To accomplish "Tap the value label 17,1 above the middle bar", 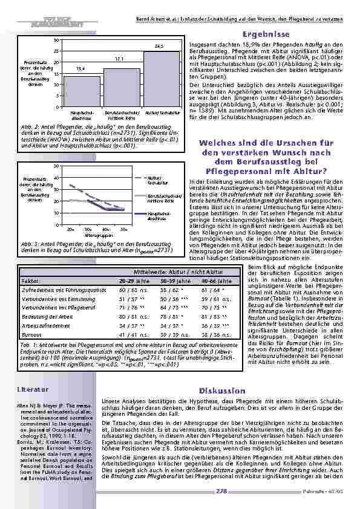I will pos(119,59).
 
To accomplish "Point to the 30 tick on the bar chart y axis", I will pos(56,40).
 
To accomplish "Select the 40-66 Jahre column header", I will pos(217,281).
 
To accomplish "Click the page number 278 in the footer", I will pos(221,492).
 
